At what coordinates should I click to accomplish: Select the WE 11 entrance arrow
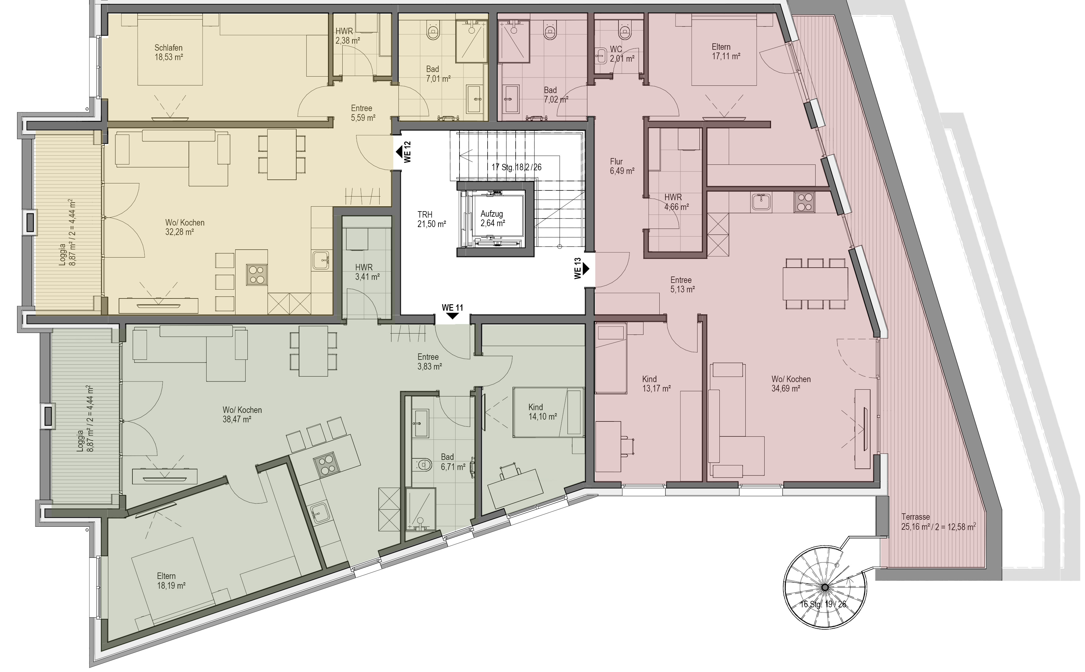(x=452, y=316)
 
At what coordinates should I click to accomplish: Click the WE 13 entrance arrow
(x=586, y=269)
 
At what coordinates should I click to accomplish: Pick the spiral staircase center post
(x=825, y=587)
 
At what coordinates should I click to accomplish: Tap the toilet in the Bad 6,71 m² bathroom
(x=424, y=465)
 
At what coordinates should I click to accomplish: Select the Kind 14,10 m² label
(x=542, y=412)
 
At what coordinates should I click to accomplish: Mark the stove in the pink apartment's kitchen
(x=804, y=202)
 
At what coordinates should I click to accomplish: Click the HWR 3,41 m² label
(x=367, y=272)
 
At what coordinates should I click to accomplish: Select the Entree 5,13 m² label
(x=683, y=284)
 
